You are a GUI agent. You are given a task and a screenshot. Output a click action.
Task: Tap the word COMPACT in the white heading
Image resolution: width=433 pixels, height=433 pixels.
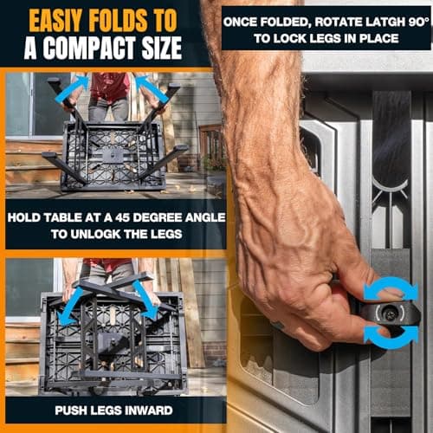coord(89,48)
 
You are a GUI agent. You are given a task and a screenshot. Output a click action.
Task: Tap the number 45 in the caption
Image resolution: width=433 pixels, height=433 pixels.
coord(122,217)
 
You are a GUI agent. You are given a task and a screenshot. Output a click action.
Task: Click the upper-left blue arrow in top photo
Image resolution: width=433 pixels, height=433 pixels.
coord(72,88)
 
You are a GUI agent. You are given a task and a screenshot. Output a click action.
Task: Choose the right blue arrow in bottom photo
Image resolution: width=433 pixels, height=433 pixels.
coord(146,301)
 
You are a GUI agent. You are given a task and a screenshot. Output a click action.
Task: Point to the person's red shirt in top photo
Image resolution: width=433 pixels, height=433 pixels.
coord(109,86)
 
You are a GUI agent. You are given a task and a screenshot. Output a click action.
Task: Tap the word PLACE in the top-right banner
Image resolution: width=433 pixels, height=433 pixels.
coord(379,39)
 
